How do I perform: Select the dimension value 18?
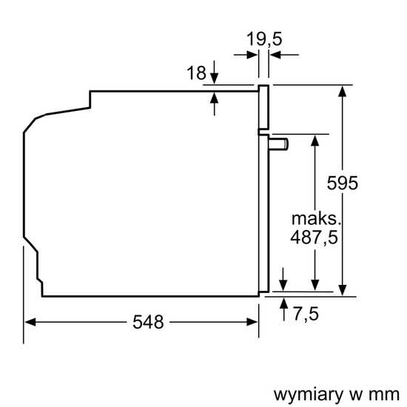196,73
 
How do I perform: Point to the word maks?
317,219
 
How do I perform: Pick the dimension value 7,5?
305,314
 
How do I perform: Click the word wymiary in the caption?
303,391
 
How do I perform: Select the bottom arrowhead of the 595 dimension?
343,290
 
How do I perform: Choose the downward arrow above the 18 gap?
214,78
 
